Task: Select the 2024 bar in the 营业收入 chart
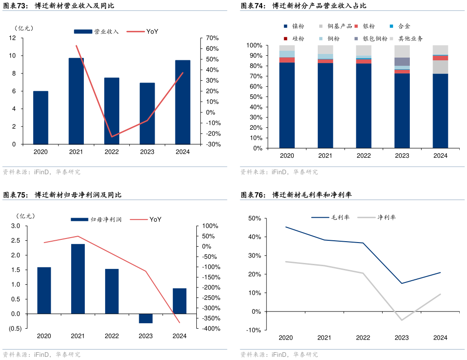(x=183, y=102)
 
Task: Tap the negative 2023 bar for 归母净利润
(x=146, y=318)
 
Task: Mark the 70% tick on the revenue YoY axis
(x=212, y=38)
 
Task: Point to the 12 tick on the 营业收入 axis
(x=12, y=38)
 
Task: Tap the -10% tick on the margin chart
(x=253, y=330)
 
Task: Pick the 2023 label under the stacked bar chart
(x=402, y=156)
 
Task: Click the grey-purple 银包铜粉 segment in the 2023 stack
(x=402, y=62)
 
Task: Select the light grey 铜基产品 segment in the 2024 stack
(x=440, y=67)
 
